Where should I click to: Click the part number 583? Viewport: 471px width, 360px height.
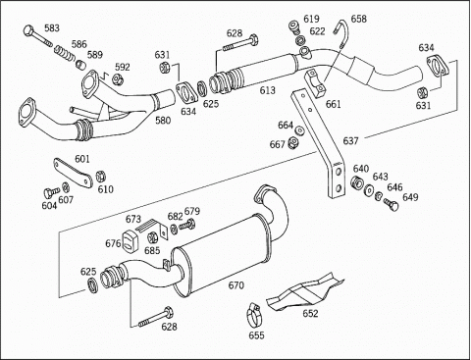coord(52,28)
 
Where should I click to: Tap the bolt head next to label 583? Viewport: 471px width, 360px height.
coord(29,30)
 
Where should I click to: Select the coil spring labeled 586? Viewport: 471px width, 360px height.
coord(64,53)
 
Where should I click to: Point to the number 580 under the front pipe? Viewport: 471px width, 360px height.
coord(163,121)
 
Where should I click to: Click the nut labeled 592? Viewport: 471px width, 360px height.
coord(118,78)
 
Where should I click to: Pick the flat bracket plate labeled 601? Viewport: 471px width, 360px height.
coord(74,173)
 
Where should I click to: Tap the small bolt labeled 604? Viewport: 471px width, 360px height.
coord(50,192)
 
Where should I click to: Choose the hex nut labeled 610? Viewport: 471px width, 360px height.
coord(101,176)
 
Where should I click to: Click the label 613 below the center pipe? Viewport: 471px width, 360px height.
coord(268,90)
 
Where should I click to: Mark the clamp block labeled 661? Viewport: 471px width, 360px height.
coord(315,83)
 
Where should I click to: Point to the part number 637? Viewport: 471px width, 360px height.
coord(350,141)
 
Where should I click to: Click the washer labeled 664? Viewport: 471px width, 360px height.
coord(299,130)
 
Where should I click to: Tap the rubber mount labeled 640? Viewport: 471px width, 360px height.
coord(356,182)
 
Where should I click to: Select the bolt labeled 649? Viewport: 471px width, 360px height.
coord(392,204)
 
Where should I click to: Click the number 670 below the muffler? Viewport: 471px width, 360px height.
coord(236,285)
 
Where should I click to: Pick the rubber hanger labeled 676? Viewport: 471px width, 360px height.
coord(130,241)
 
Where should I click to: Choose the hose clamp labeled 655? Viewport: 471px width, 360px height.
coord(255,315)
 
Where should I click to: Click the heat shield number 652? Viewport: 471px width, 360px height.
coord(310,313)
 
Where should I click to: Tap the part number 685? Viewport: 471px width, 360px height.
coord(152,250)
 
